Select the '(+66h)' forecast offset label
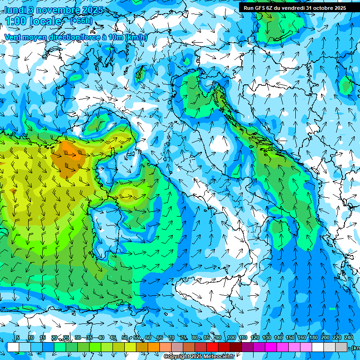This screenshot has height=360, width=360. (x=81, y=21)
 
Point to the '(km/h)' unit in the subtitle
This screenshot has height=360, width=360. (x=136, y=37)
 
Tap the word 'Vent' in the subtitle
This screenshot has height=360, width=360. (x=13, y=37)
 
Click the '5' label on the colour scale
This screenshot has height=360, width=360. (x=18, y=338)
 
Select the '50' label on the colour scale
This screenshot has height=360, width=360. (x=124, y=338)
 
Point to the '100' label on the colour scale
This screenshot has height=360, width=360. (x=232, y=338)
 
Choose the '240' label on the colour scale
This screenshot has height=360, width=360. (x=349, y=338)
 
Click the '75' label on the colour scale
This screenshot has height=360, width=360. (x=183, y=338)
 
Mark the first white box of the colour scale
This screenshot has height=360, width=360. (x=13, y=347)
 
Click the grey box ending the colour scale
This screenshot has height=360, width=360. (x=341, y=347)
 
